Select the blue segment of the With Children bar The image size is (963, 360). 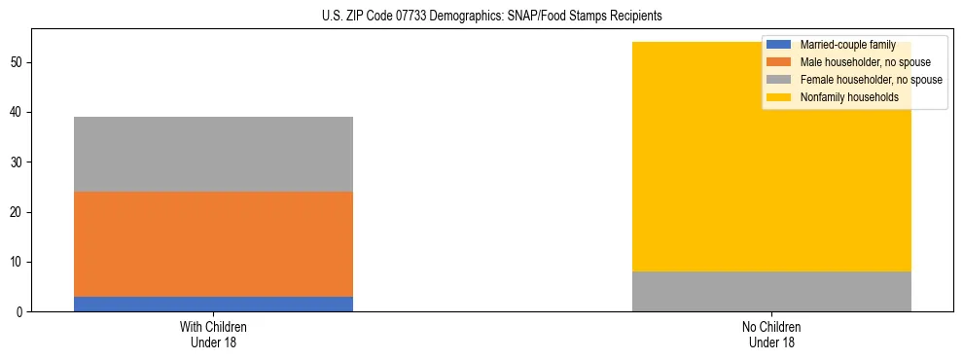pos(213,304)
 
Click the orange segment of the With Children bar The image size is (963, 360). pos(213,243)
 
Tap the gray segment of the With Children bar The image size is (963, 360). pos(213,154)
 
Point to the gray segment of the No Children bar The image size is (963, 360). pos(771,291)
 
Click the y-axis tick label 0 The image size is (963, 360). pos(19,312)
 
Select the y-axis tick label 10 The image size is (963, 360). pos(17,262)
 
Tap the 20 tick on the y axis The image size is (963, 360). pos(17,212)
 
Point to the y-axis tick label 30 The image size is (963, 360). pos(17,162)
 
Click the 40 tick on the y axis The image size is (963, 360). pos(17,113)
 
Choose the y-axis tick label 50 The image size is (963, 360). pos(17,62)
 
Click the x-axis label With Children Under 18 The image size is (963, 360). pos(213,334)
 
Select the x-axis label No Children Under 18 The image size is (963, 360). pos(771,334)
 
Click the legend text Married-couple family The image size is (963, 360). pos(848,45)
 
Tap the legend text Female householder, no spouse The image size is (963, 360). pos(871,80)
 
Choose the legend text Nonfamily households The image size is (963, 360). pos(849,97)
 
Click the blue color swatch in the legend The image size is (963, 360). pos(779,45)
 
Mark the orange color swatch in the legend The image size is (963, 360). pos(779,62)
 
